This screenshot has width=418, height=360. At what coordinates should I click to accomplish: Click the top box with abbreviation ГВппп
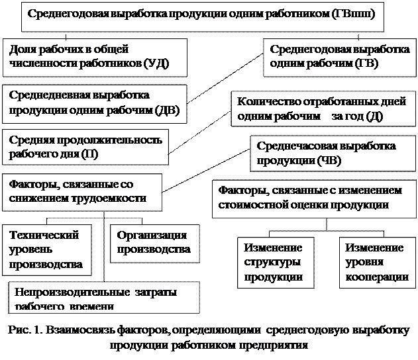pos(203,19)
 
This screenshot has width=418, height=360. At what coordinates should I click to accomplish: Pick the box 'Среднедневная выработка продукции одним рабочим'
pos(93,103)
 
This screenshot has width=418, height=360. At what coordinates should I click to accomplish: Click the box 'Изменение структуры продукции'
pos(273,262)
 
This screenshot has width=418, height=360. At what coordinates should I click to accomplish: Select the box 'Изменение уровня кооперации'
pos(375,262)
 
